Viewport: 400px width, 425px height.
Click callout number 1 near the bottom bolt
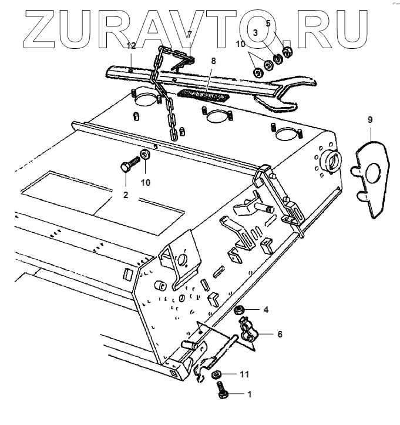[249, 395]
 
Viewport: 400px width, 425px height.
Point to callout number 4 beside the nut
[265, 309]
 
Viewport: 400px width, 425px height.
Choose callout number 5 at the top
[268, 24]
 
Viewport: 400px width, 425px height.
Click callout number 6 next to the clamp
[280, 334]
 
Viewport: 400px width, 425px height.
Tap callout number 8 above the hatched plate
[213, 61]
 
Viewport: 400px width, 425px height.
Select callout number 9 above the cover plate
[370, 120]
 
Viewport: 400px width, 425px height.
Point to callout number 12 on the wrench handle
[132, 46]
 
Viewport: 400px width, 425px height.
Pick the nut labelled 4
[240, 310]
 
